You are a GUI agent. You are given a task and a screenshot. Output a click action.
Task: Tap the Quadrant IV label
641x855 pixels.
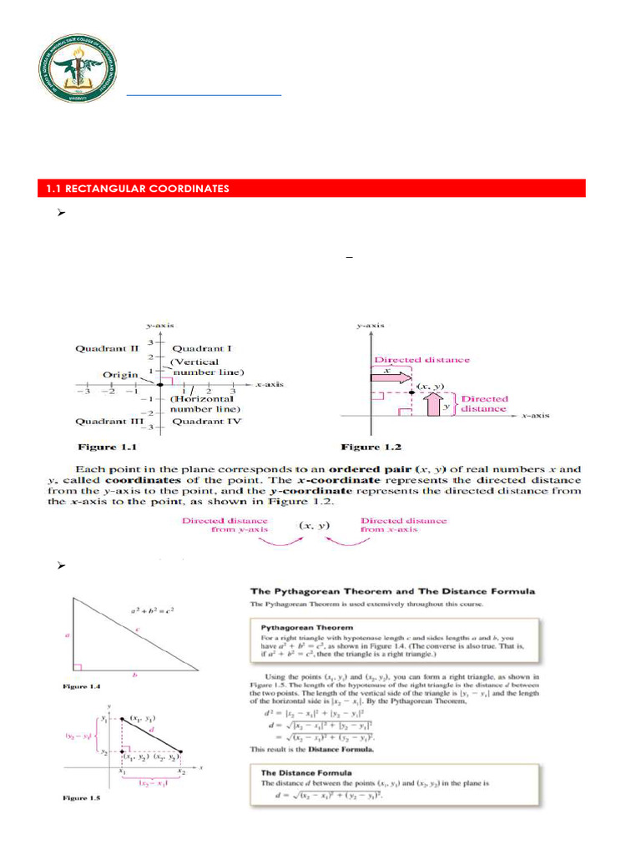click(200, 422)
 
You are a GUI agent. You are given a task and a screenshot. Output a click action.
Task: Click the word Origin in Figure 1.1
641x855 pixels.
click(120, 375)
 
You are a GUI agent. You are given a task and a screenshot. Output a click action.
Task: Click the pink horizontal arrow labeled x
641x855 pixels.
click(391, 377)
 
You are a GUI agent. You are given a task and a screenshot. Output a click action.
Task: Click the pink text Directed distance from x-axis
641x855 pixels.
click(403, 524)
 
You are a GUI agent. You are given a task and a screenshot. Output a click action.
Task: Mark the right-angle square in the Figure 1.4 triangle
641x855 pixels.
click(78, 667)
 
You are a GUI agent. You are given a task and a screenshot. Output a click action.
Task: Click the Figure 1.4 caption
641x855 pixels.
click(82, 686)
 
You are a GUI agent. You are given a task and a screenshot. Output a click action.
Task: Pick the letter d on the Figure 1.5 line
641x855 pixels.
click(152, 729)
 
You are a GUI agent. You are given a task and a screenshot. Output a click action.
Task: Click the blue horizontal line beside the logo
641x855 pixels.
click(204, 96)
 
